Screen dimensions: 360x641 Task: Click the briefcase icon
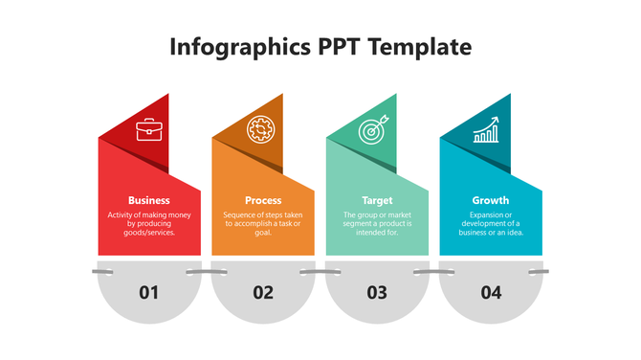[x=149, y=129]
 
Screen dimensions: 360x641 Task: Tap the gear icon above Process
[x=260, y=129]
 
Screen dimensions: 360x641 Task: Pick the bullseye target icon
[x=374, y=129]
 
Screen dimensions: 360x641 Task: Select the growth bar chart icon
[x=487, y=130]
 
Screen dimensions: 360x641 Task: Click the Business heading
[x=149, y=200]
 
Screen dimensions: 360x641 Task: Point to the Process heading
[x=263, y=200]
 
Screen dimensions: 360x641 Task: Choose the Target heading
[x=377, y=200]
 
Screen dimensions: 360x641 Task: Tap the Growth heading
[x=491, y=200]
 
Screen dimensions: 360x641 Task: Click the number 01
[x=149, y=292]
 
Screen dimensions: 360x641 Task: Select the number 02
[x=263, y=292]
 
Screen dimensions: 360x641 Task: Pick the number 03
[x=377, y=292]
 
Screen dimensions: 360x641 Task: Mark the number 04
[x=491, y=292]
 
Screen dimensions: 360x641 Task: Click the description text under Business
[x=149, y=223]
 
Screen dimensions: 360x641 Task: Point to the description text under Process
[x=263, y=223]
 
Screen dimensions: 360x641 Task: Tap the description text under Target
[x=377, y=223]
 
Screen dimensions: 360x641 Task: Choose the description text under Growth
[x=491, y=223]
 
